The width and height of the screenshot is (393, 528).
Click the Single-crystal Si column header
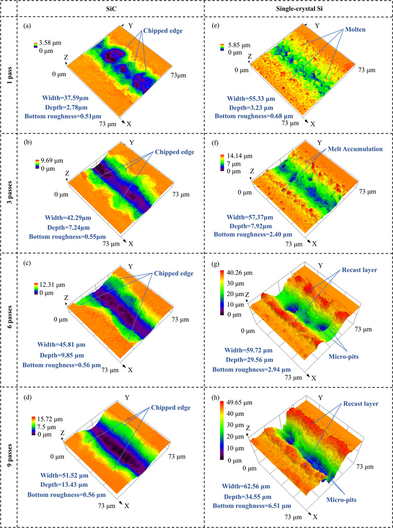click(x=295, y=9)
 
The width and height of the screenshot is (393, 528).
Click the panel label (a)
click(x=28, y=26)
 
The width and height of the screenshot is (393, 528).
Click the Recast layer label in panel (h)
click(x=358, y=404)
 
